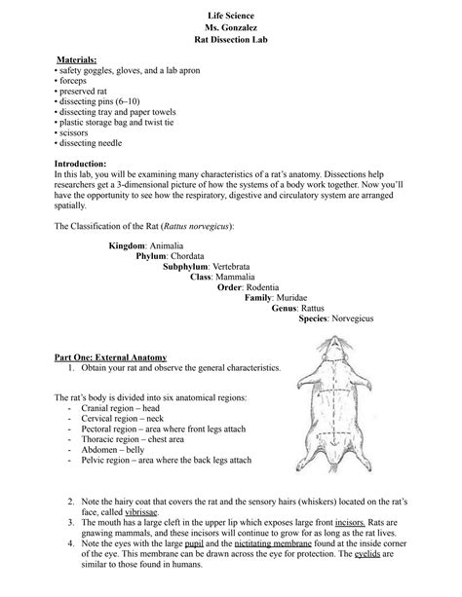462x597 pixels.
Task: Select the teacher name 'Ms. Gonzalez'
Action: tap(230, 27)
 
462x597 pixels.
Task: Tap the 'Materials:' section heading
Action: tap(77, 60)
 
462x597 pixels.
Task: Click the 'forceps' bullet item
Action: tap(72, 83)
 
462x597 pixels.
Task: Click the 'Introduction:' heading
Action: tap(86, 163)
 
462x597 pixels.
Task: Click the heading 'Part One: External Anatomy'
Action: tap(110, 357)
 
